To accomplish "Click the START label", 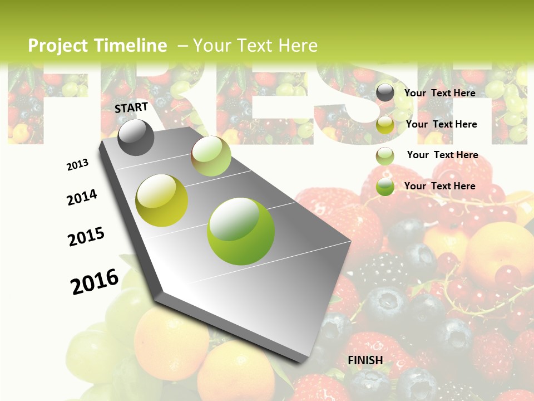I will click(x=131, y=107).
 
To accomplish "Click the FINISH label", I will click(x=365, y=360).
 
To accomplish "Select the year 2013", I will click(x=77, y=165).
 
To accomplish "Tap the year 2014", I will click(x=82, y=198).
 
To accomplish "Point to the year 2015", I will click(x=86, y=237).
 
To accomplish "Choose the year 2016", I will click(x=95, y=281).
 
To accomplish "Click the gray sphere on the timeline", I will click(x=136, y=137).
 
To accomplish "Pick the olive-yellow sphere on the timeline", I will click(x=161, y=200).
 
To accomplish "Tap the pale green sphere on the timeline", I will click(x=211, y=156).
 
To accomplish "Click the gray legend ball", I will click(x=385, y=93).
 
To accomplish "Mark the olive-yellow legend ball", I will click(x=385, y=125).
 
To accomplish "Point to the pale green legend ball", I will click(x=385, y=156).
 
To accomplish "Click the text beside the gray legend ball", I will click(x=439, y=93).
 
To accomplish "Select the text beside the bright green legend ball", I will click(x=439, y=186).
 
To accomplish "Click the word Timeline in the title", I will click(x=131, y=46).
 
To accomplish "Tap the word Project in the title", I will click(x=58, y=46).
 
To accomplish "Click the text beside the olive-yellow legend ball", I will click(x=441, y=124).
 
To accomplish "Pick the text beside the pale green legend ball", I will click(x=442, y=155).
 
